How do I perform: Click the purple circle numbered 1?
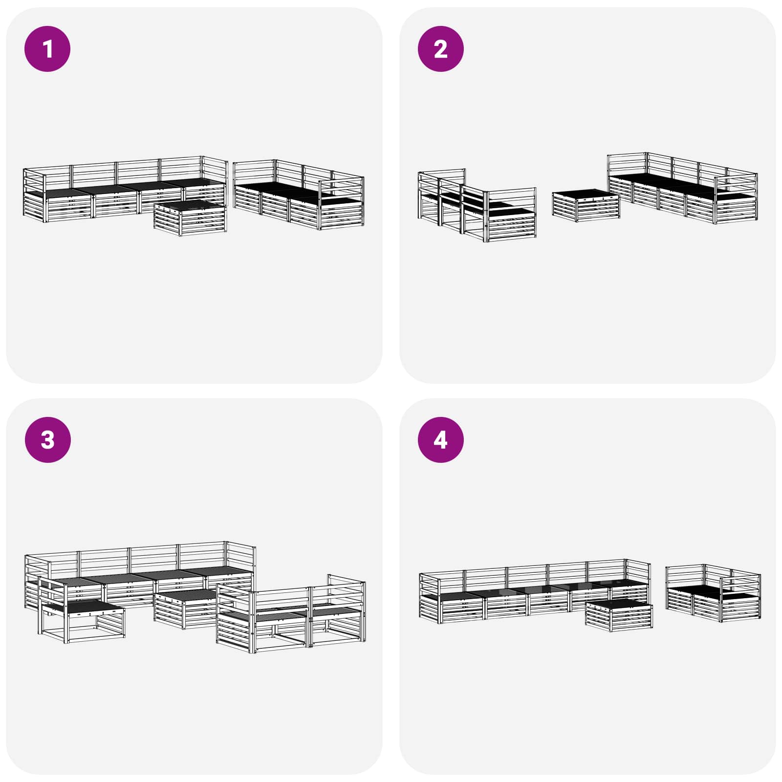[x=47, y=49]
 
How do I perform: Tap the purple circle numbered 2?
[x=440, y=49]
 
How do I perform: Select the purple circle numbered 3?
[x=47, y=439]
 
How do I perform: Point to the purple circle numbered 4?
[x=440, y=439]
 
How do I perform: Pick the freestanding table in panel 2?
[x=586, y=206]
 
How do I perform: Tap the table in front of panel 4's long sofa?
[x=619, y=614]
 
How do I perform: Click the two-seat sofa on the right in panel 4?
[x=713, y=594]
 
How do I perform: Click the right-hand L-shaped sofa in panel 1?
[x=298, y=198]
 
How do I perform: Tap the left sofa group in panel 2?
[x=477, y=208]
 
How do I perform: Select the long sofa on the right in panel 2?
[x=682, y=191]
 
